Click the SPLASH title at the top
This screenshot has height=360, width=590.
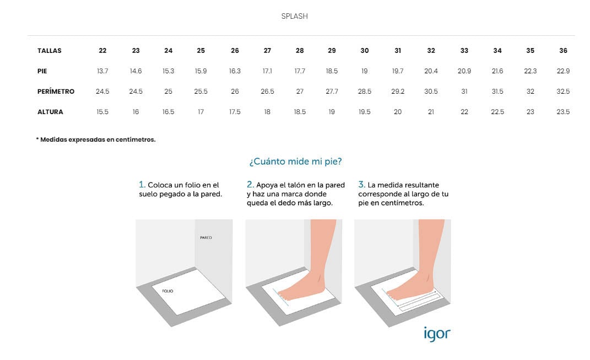[295, 16]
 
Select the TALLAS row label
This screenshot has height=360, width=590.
[49, 51]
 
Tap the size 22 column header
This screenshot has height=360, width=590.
[102, 51]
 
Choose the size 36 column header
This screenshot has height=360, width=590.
[563, 51]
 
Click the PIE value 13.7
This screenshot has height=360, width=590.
[102, 71]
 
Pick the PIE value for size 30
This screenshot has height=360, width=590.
[364, 71]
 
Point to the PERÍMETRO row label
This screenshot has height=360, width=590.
[56, 91]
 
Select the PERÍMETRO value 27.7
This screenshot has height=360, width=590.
[332, 91]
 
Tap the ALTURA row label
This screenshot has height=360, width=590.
[50, 112]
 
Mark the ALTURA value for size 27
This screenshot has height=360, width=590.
[267, 112]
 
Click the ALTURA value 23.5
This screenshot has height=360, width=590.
[563, 112]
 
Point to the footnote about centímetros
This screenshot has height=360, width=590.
[95, 139]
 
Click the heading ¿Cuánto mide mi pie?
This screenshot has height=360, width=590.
[295, 162]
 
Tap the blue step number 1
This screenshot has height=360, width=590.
[142, 185]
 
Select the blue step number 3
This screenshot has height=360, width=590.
[361, 185]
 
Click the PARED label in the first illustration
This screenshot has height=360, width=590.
[206, 238]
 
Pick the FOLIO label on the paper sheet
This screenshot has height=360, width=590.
[167, 291]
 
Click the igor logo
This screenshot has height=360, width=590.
[437, 334]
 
